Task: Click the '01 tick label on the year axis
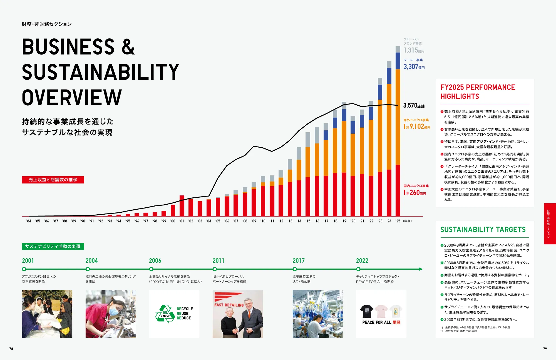pos(182,221)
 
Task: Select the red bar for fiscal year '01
pos(182,206)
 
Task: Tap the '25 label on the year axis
pos(398,221)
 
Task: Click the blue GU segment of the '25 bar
pos(398,61)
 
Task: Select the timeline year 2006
pos(155,261)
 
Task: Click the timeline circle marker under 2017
pos(295,269)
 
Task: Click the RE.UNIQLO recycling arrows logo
pos(165,314)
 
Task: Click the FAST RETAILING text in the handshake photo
pos(229,305)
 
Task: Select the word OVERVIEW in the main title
pos(72,98)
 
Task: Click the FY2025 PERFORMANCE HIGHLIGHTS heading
pos(478,92)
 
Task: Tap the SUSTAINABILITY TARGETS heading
pos(483,230)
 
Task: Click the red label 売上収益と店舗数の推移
pos(53,180)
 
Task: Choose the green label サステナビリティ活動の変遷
pos(53,246)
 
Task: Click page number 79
pos(545,349)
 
